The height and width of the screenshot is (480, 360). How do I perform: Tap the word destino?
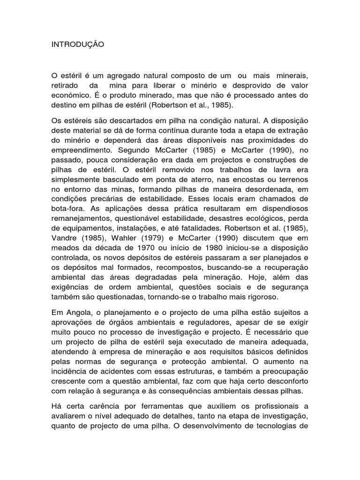tap(63, 105)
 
